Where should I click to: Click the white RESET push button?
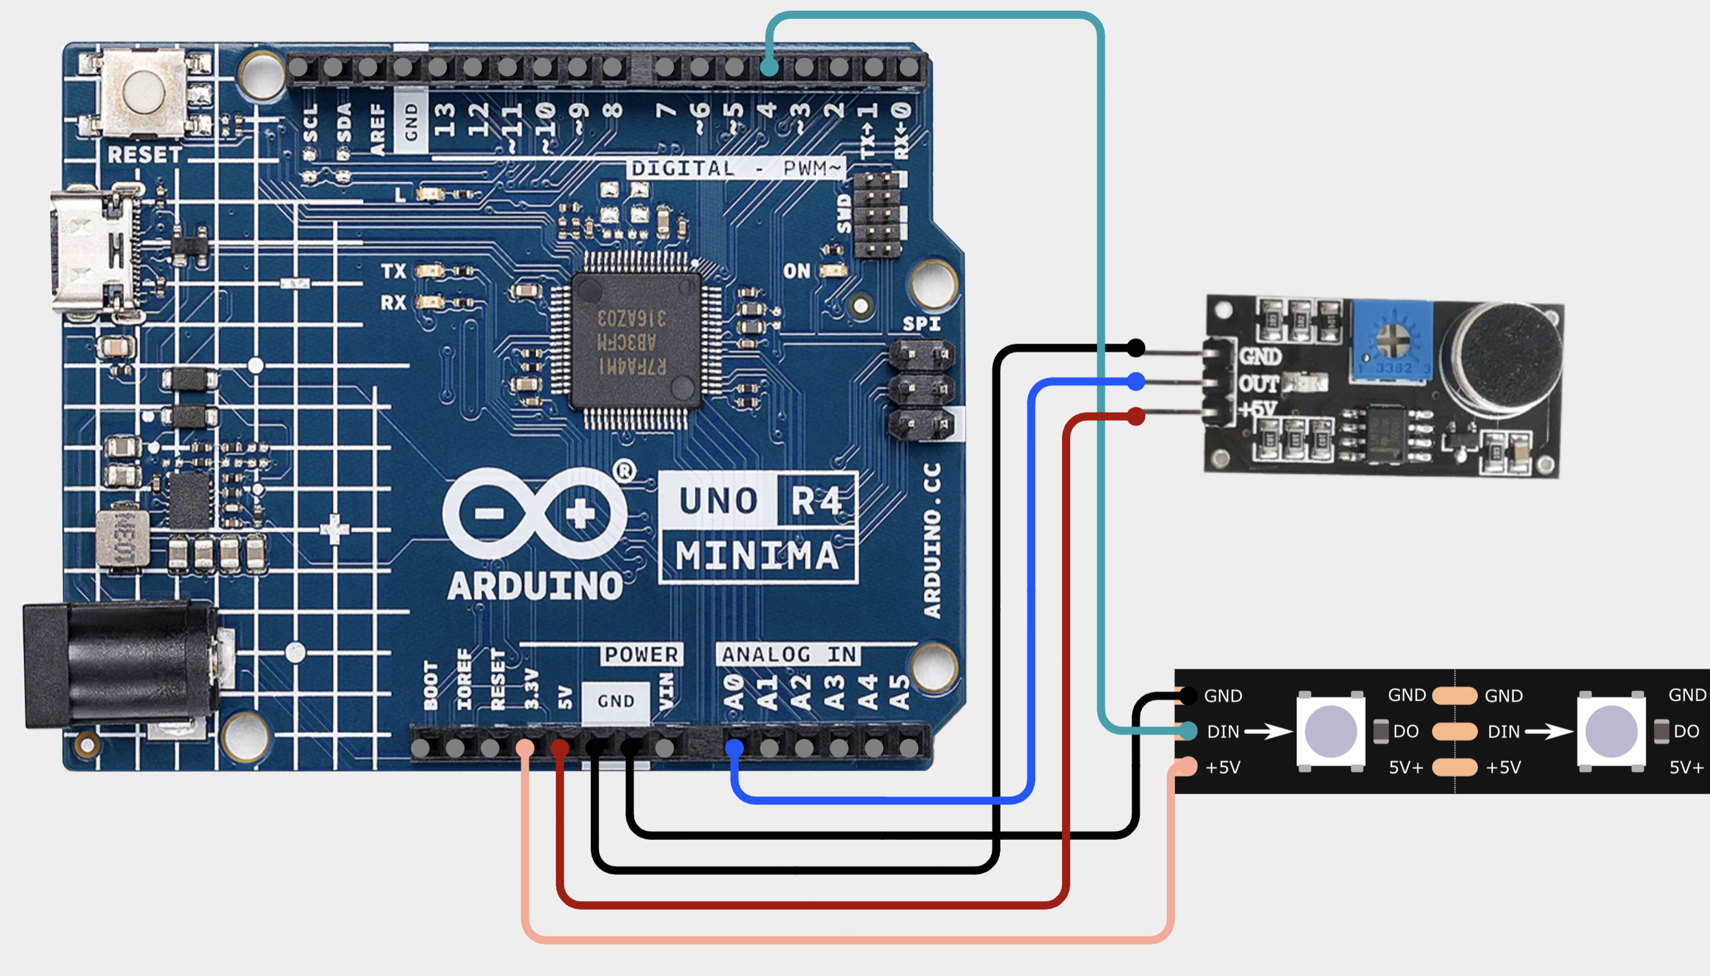tap(144, 92)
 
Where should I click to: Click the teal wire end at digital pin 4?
tap(769, 68)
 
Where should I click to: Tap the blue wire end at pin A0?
tap(734, 748)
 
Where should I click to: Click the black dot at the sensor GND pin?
tap(1135, 348)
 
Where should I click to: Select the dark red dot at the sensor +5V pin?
tap(1135, 416)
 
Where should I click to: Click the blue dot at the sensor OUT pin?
tap(1135, 381)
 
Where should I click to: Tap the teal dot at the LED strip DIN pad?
tap(1188, 731)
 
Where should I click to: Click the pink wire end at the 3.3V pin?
tap(525, 748)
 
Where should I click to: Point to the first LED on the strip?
tap(1330, 731)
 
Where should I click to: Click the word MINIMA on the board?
tap(757, 555)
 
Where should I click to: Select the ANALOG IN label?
tap(789, 655)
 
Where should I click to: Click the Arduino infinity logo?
tap(535, 512)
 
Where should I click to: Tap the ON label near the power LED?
tap(796, 272)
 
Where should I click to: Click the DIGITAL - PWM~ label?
tap(736, 168)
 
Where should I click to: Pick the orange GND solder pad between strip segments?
tap(1454, 696)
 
